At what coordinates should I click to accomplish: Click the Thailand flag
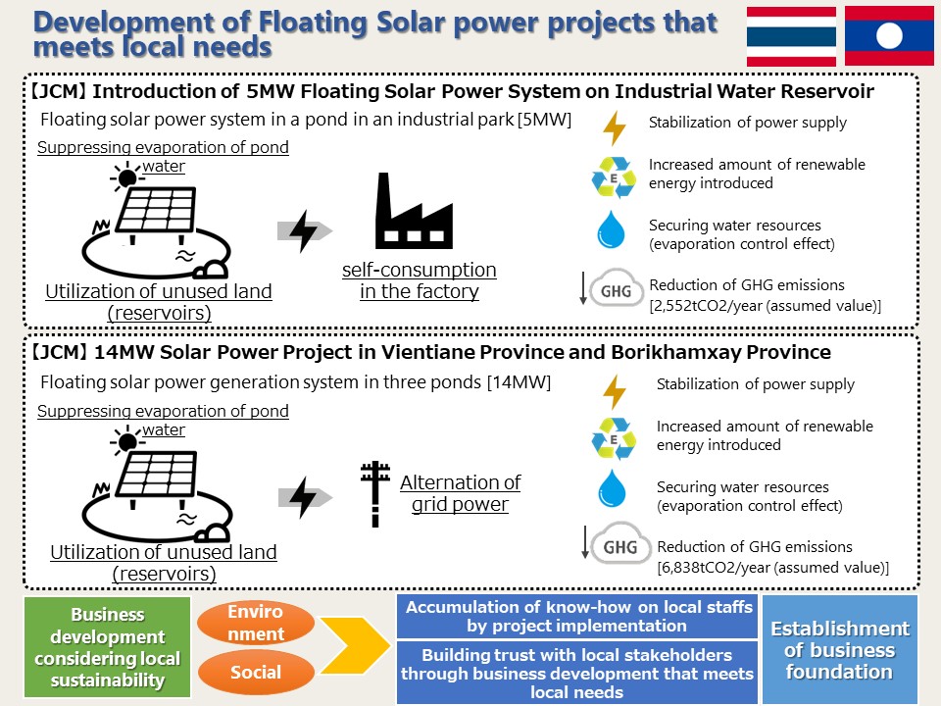point(791,36)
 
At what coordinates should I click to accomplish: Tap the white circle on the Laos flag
point(889,36)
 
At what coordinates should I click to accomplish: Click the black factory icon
point(414,211)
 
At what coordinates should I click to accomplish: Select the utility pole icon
point(375,494)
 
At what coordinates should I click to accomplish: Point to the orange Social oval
point(256,673)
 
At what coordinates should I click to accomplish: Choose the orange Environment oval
point(256,623)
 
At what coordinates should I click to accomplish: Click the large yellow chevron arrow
point(355,645)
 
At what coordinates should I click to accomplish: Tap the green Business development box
point(108,647)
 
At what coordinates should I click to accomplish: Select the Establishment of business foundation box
point(840,649)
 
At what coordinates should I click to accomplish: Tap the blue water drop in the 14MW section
point(612,488)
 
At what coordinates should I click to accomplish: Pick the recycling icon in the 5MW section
point(614,177)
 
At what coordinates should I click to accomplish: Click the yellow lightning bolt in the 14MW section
point(615,392)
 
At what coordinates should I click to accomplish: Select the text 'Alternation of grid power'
point(461,493)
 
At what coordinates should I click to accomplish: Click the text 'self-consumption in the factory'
point(420,280)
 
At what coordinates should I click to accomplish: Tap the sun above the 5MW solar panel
point(126,177)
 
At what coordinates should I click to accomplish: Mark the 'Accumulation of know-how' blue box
point(577,617)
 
